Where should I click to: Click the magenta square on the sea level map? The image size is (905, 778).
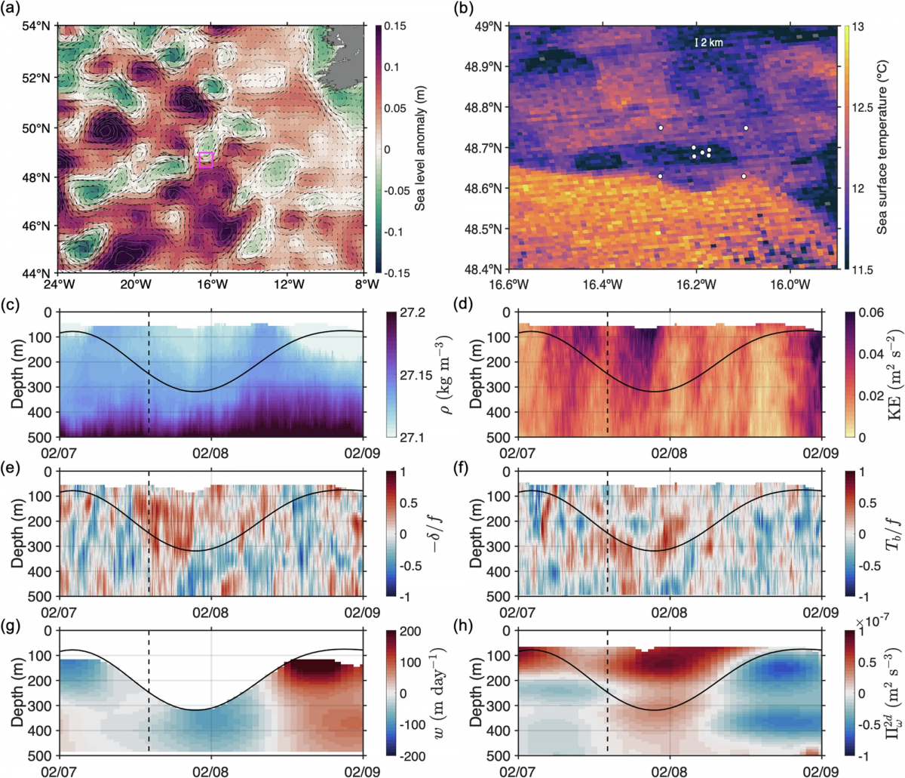pyautogui.click(x=205, y=159)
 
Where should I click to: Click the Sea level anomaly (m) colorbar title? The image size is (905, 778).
pyautogui.click(x=420, y=149)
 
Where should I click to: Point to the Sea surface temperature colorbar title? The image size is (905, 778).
pyautogui.click(x=882, y=149)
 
